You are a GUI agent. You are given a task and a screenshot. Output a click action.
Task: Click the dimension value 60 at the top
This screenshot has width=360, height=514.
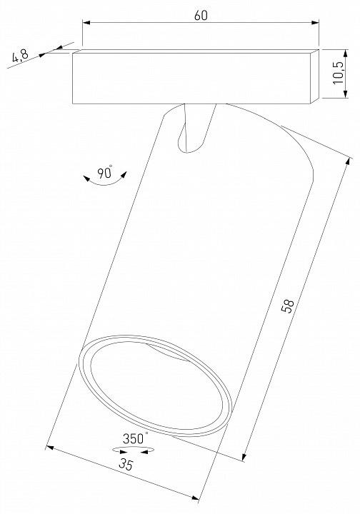(200, 16)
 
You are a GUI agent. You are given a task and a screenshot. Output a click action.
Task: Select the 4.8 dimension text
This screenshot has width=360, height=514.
(21, 56)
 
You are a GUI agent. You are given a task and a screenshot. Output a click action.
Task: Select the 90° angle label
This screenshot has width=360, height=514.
(106, 172)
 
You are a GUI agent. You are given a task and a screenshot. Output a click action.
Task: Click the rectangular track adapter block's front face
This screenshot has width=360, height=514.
(193, 79)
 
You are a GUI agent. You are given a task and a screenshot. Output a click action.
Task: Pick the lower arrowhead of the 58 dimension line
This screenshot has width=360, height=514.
(245, 456)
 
